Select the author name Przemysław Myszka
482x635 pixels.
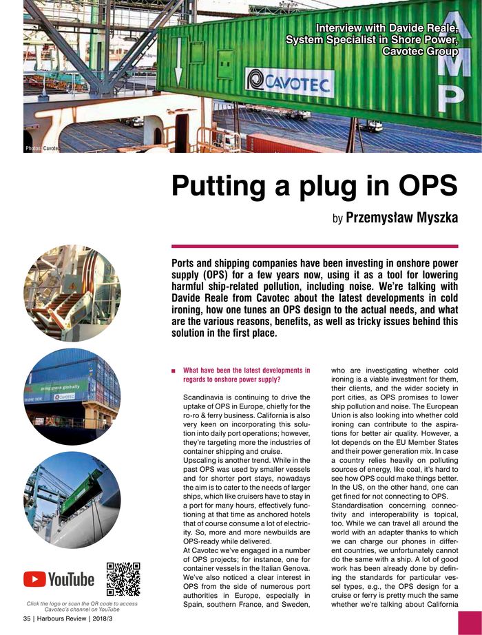pos(401,218)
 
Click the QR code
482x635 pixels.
pos(124,579)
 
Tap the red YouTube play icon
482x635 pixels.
pos(34,579)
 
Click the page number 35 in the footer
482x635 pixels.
pos(28,618)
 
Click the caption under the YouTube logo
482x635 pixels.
pos(82,607)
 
